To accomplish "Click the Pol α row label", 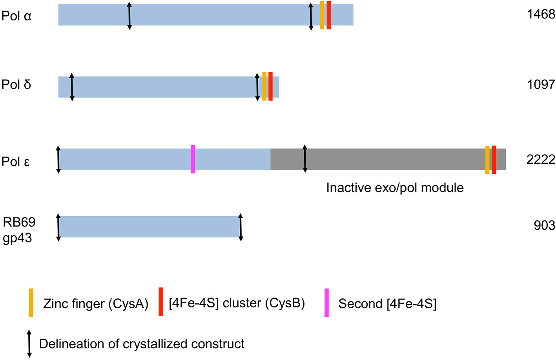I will click(16, 16).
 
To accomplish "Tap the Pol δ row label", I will click(16, 84).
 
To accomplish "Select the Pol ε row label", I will click(16, 161).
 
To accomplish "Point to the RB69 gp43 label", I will click(19, 230).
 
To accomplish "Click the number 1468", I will click(541, 15).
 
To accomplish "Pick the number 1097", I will click(541, 84).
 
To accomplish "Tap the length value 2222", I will click(541, 159).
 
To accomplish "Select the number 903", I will click(544, 225).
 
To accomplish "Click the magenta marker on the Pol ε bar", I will click(193, 159).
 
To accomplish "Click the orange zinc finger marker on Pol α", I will click(322, 15).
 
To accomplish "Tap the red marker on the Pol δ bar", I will click(270, 86).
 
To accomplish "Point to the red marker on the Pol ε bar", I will click(494, 160).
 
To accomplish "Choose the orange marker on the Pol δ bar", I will click(264, 86).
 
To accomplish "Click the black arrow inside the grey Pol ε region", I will click(305, 159).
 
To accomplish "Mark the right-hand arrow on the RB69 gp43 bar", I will click(241, 227).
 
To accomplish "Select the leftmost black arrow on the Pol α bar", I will click(129, 16).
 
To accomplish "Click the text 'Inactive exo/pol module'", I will click(395, 188).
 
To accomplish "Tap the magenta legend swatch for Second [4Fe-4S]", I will click(326, 303).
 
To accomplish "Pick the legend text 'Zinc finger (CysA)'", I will click(96, 303).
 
